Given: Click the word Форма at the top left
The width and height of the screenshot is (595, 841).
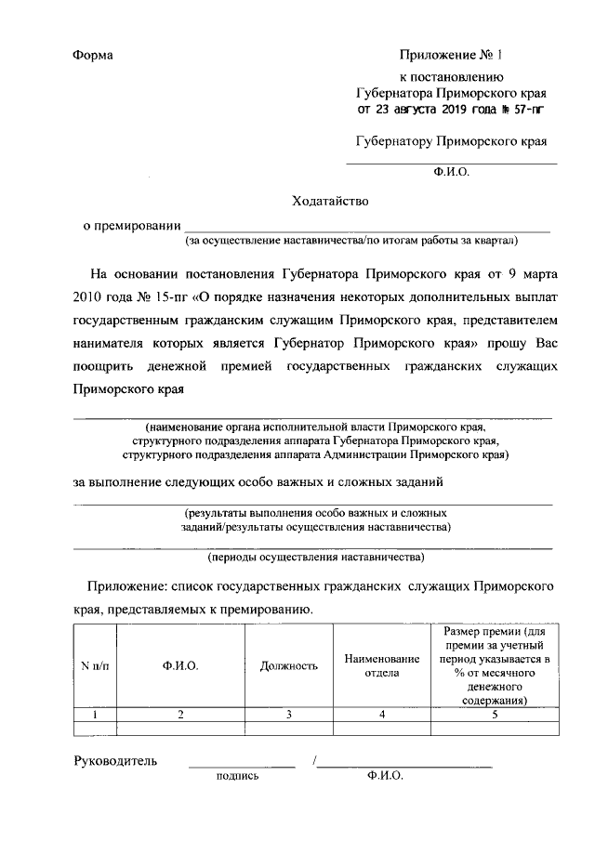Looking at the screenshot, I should coord(93,56).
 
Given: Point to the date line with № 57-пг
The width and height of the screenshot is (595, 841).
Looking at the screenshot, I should coord(450,109).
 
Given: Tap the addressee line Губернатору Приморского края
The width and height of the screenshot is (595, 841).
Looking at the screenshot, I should coord(451,141).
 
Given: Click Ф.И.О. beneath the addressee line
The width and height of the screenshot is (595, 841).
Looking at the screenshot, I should coord(452,172).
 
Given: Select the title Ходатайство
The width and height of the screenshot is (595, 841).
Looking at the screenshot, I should coord(331,200).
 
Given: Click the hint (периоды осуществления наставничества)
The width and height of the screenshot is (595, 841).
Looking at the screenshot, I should coord(315,558).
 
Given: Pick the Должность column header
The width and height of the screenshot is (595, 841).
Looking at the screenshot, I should coord(289,665).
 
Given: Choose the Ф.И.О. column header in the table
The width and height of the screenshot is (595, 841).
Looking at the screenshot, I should coord(180,665).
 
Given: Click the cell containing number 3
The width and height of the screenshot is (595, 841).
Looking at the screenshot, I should coord(289,714).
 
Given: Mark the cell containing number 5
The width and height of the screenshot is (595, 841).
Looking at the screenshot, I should coord(494,714).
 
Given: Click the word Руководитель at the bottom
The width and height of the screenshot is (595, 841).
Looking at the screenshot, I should coord(115,761).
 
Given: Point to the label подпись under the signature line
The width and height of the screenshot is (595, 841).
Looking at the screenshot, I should coord(237,776).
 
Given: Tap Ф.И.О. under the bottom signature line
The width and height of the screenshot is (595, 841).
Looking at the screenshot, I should coord(385,776).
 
